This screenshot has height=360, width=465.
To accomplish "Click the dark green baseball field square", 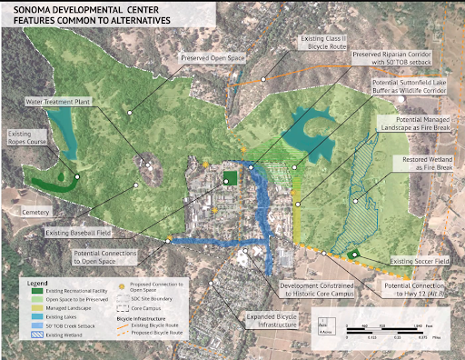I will (230, 178).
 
